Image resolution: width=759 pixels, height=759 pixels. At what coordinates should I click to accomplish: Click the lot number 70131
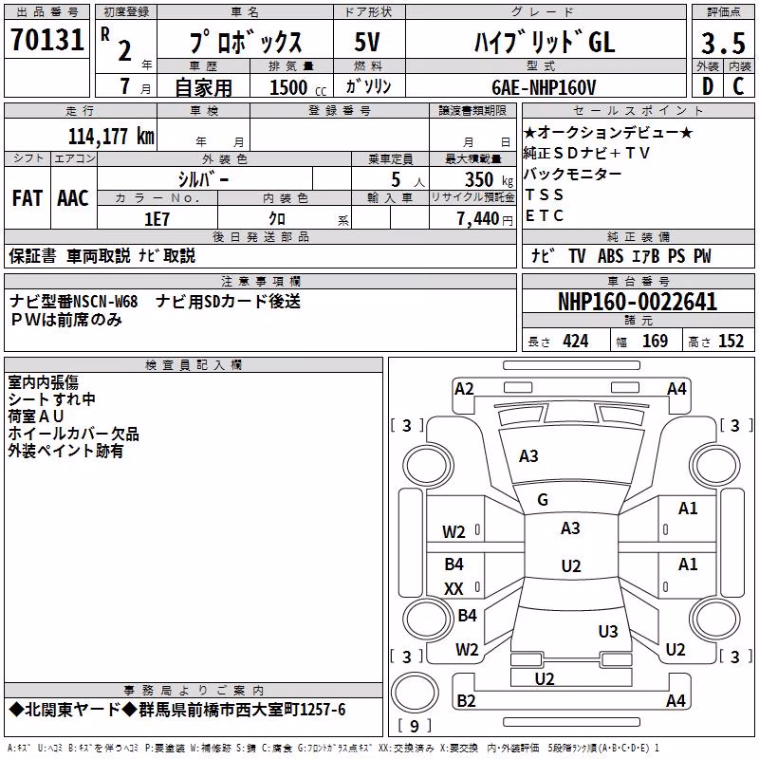pos(47,39)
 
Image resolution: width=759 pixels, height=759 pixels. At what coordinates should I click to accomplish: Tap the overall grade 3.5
pos(723,43)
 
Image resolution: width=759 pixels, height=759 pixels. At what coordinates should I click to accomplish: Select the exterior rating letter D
pos(708,86)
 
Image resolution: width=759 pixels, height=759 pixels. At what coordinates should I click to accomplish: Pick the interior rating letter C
pos(738,86)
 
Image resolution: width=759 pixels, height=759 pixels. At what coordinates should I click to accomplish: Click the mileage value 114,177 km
pos(111,137)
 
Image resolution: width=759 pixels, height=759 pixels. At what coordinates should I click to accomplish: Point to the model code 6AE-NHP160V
pos(544,87)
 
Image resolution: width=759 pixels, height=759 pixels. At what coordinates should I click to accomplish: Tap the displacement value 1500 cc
pos(298,87)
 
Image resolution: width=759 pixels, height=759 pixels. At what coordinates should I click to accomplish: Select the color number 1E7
pos(157,219)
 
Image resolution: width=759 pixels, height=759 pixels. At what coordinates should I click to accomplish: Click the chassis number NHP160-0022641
pos(638,302)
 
